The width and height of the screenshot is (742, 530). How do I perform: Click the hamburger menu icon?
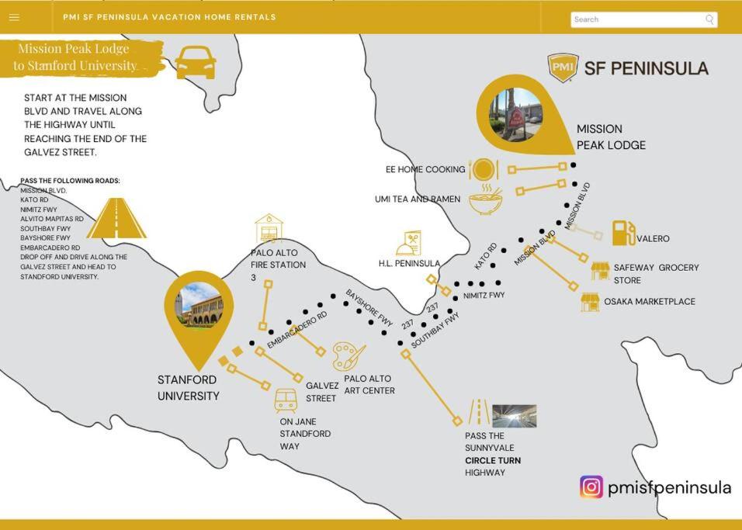14,18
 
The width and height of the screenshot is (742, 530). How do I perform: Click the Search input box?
643,19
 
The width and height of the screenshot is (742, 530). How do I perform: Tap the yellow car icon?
196,62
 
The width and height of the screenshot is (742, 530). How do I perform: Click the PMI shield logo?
563,68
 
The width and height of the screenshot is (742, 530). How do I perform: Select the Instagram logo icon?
591,487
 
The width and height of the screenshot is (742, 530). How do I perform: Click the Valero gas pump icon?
623,233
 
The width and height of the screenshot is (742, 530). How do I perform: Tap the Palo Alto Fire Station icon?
269,228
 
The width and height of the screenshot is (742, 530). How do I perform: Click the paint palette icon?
348,357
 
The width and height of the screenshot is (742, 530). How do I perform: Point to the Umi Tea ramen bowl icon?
485,199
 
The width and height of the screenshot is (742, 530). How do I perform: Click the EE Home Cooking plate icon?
483,169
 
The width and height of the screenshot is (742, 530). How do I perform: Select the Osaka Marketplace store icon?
590,303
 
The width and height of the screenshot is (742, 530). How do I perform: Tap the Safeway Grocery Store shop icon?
601,272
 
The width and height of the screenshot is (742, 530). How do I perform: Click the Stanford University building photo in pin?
199,305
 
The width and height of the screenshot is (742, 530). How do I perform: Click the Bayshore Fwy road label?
369,308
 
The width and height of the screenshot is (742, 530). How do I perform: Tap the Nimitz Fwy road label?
484,296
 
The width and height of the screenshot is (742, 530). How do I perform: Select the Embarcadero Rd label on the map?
297,330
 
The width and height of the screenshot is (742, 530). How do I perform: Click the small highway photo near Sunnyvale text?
515,416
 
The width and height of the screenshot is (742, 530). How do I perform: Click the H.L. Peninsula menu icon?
408,243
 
